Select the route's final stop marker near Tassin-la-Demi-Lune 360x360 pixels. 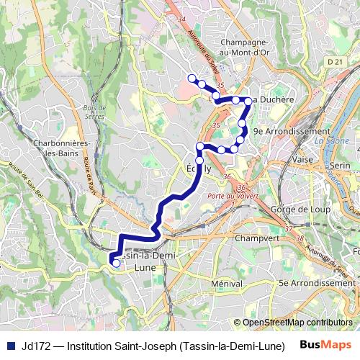click(117, 264)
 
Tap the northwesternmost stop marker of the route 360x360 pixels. click(191, 78)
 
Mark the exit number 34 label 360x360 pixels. click(181, 18)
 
